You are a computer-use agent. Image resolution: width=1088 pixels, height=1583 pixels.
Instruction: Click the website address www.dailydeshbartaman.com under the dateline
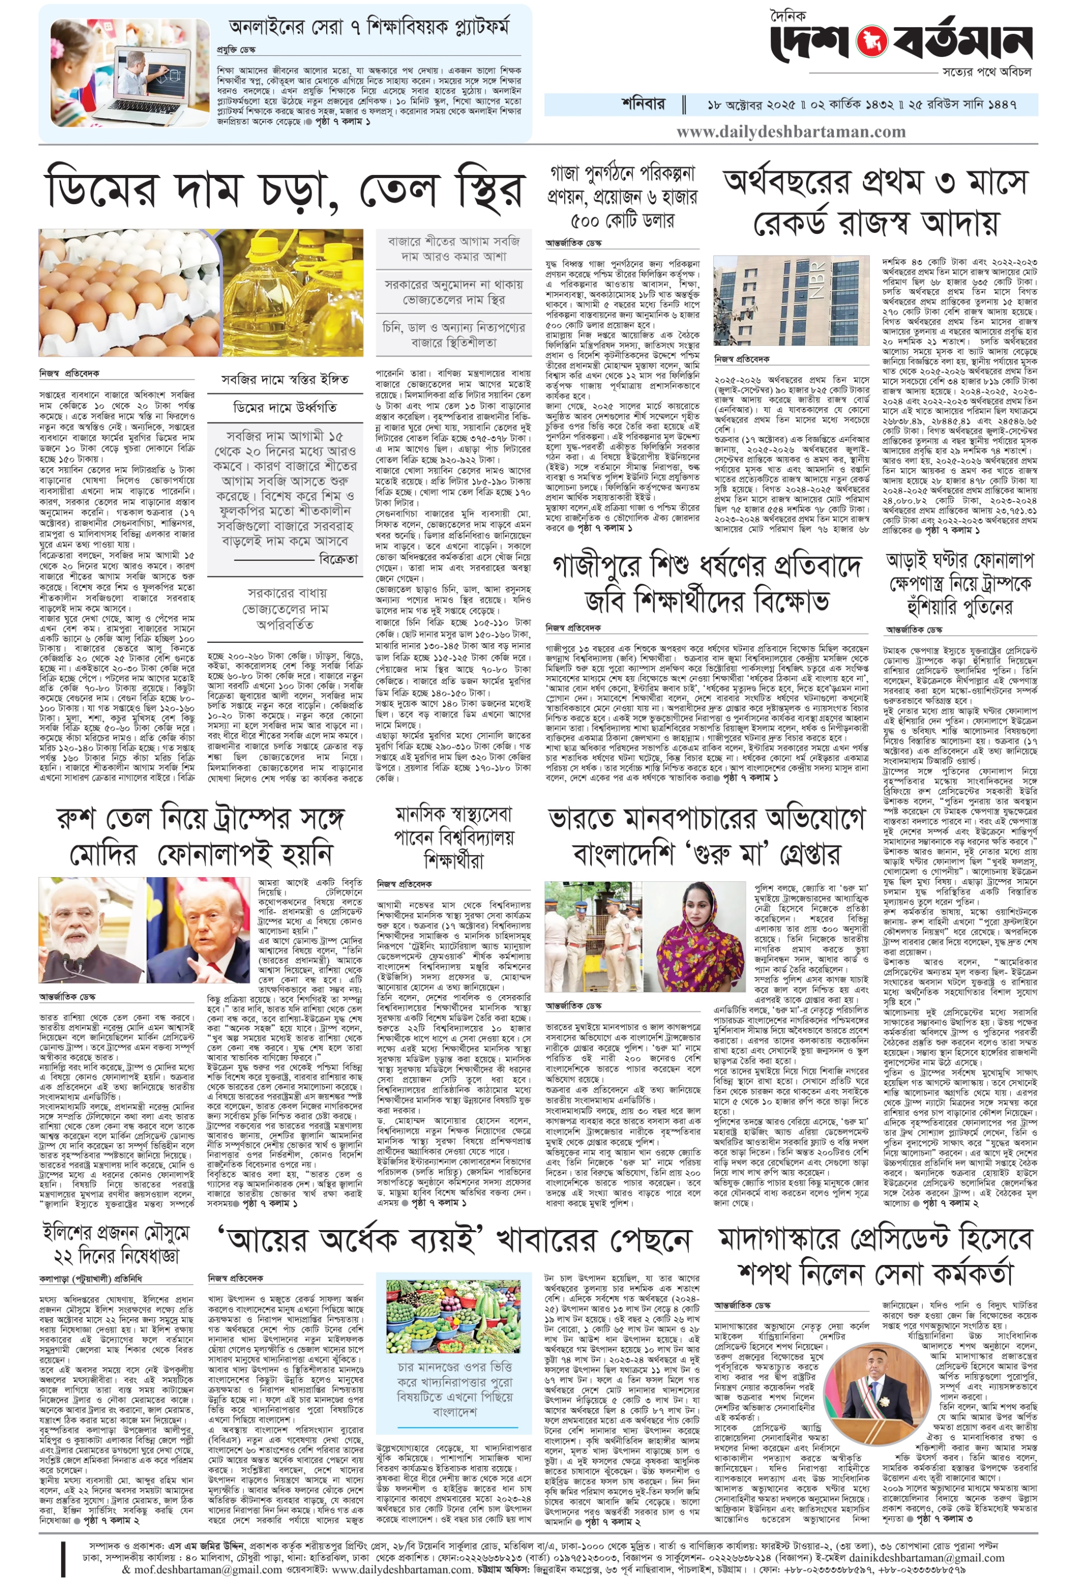pos(791,132)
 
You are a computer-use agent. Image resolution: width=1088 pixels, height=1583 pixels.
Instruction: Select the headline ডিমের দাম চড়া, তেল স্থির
pos(285,190)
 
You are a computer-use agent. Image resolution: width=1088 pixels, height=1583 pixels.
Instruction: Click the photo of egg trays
pos(126,292)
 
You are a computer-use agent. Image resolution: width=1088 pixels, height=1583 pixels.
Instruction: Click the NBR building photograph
pos(791,301)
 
